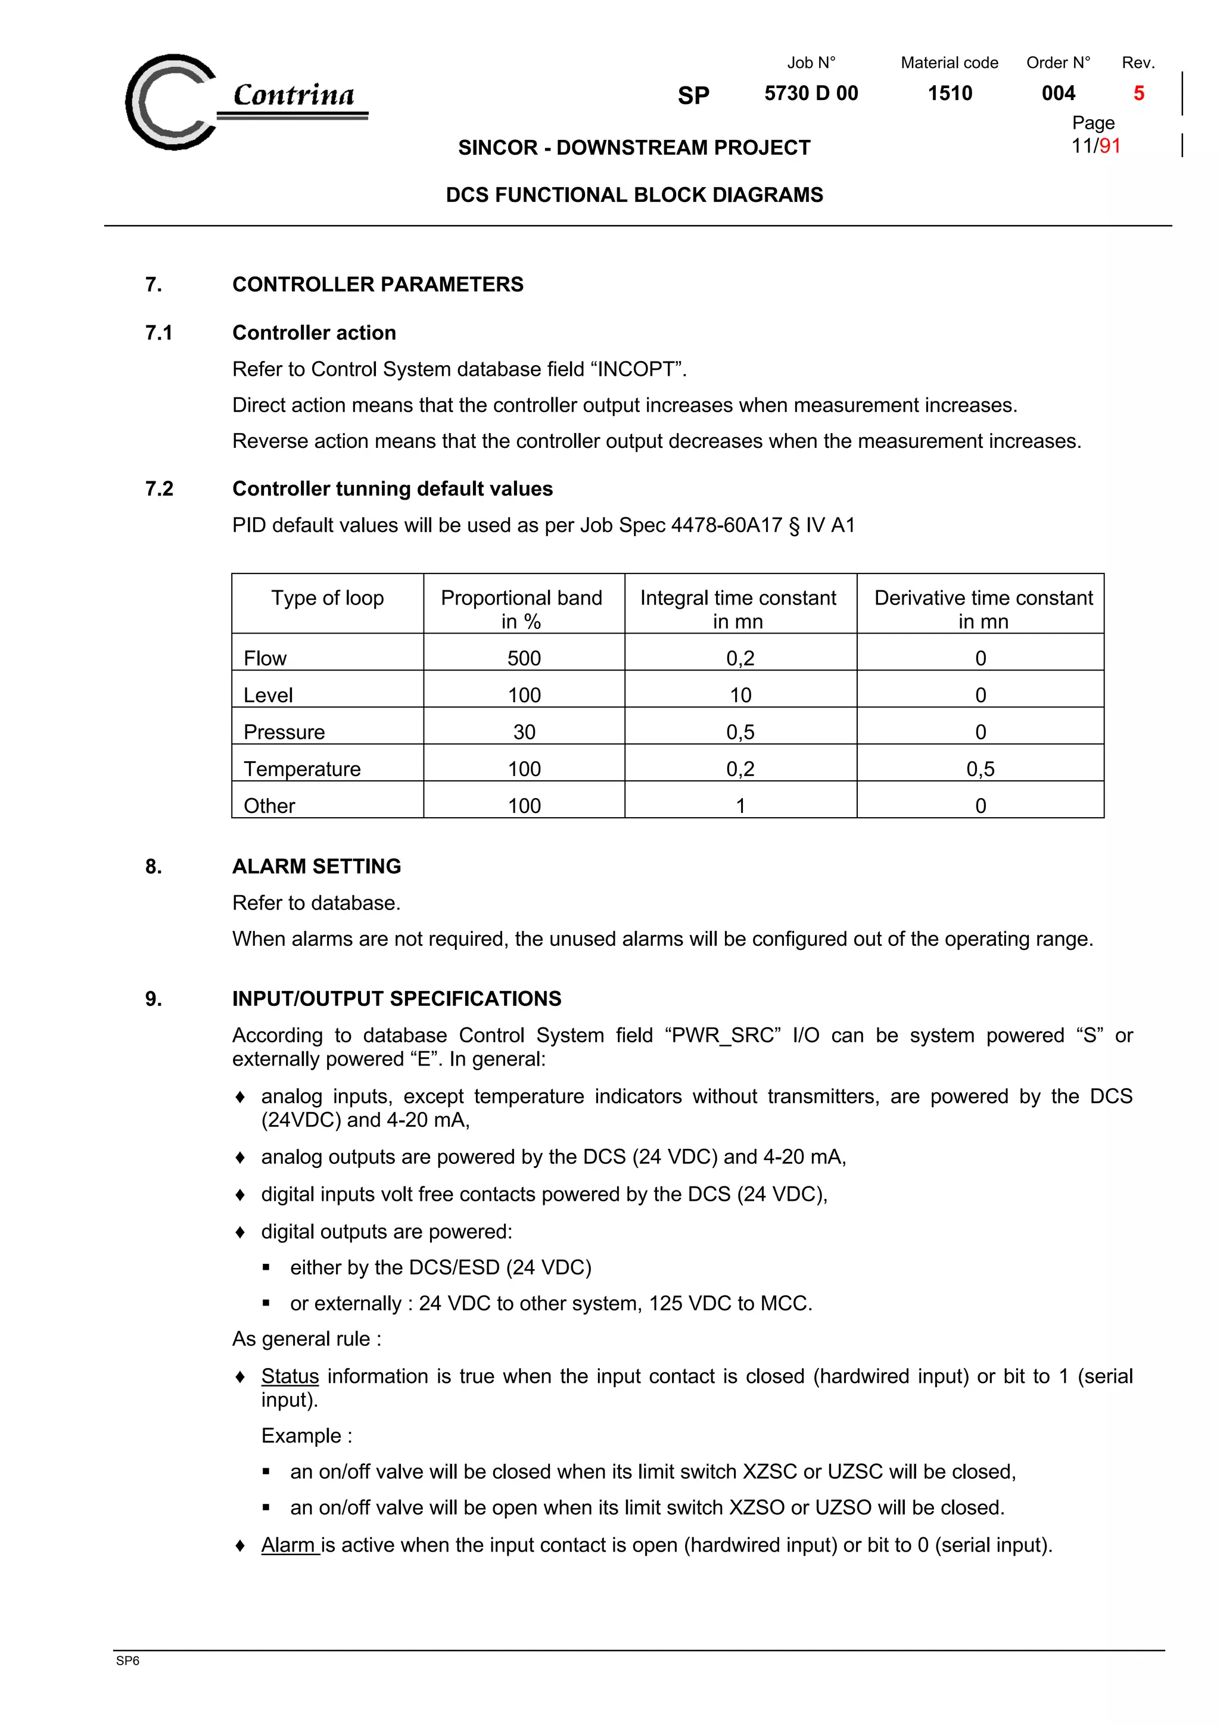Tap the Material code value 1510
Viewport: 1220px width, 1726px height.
pos(950,94)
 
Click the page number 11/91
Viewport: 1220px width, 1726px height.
pos(1095,146)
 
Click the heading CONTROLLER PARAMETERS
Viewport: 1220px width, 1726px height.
pos(377,284)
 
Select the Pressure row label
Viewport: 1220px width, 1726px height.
pos(284,731)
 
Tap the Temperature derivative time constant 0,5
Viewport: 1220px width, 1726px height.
pos(979,768)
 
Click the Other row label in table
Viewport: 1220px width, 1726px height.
pos(269,805)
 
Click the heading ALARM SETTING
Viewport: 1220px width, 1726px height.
pos(316,866)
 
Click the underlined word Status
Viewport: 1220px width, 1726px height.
pos(290,1376)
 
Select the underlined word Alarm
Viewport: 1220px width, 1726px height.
pos(289,1544)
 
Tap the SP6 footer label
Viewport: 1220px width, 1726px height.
pos(128,1660)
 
